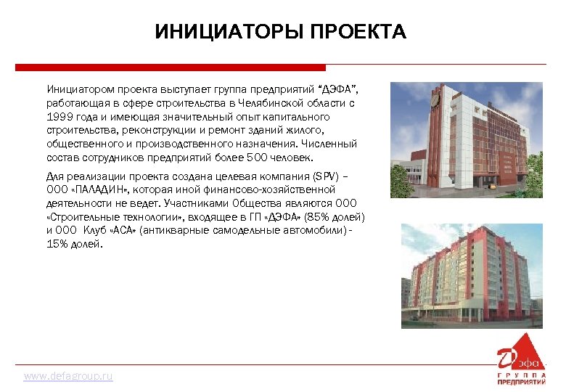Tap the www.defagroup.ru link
point(68,377)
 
